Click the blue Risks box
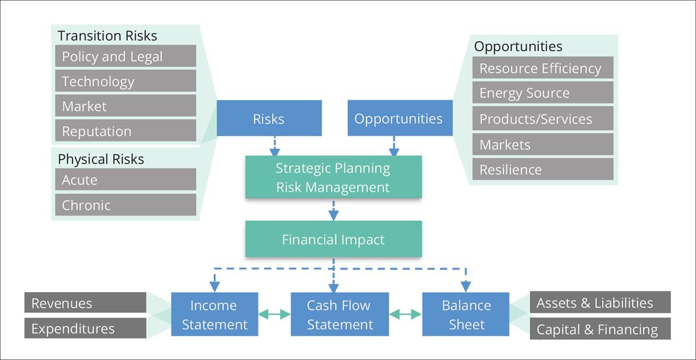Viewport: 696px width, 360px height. tap(269, 118)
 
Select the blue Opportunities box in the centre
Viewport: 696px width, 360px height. tap(400, 118)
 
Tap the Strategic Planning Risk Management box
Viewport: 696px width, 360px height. tap(333, 177)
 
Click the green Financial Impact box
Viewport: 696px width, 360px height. tap(333, 239)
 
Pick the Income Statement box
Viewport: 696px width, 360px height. tap(215, 314)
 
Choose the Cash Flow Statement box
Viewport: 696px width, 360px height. tap(340, 314)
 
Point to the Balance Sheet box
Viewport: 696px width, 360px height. tap(465, 314)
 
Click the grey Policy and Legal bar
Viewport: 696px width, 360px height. tap(125, 56)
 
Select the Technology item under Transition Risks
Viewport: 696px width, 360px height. tap(125, 81)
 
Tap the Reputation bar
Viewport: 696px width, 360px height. tap(125, 130)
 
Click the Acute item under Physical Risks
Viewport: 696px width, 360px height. tap(125, 179)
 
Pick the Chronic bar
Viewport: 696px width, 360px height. tap(125, 205)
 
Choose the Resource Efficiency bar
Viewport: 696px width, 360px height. tap(543, 67)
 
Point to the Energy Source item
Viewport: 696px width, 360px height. tap(543, 92)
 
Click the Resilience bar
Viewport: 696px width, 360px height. tap(543, 169)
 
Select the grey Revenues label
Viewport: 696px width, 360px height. tap(85, 303)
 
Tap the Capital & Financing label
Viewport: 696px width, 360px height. tap(600, 328)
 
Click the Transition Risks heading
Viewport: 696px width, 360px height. tap(107, 35)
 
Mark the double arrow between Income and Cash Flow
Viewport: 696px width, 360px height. tap(274, 314)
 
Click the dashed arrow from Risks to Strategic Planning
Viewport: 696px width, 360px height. tap(275, 146)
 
